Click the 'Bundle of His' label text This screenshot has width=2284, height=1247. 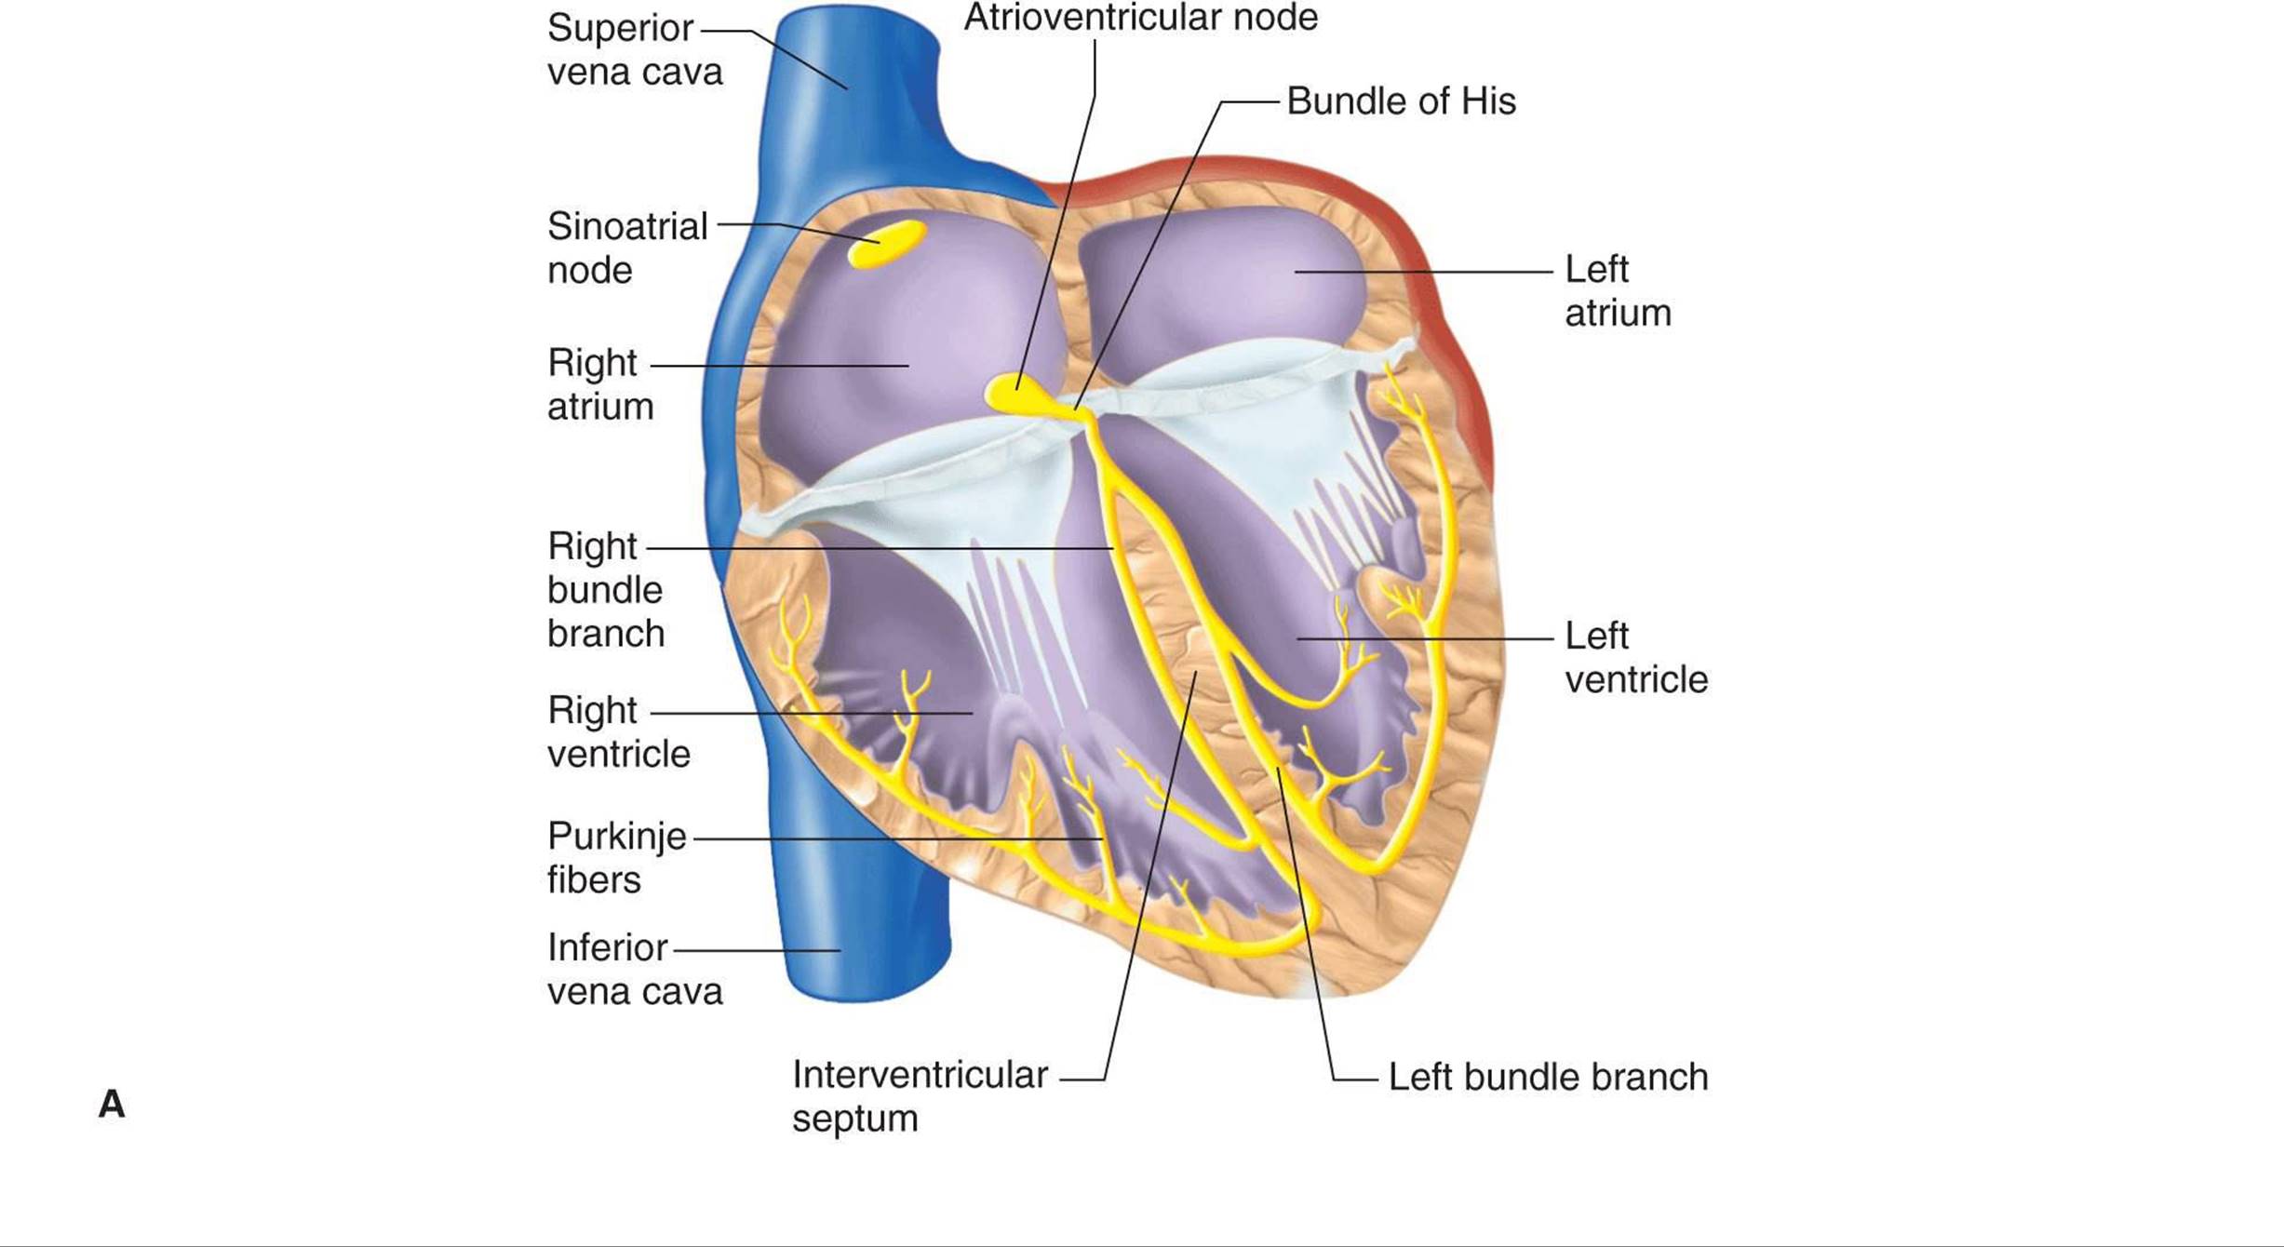pos(1401,101)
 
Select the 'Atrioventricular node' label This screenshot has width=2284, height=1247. pos(1140,18)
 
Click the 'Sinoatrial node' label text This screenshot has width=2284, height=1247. pos(626,248)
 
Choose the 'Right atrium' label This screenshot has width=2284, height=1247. pos(599,384)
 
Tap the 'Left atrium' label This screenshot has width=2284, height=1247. pos(1617,291)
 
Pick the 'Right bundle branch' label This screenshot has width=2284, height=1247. pos(605,590)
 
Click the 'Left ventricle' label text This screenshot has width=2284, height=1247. pos(1635,658)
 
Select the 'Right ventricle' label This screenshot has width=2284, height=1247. pos(618,732)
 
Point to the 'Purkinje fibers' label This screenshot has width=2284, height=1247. pos(615,858)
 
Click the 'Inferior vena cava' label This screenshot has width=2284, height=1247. pos(634,970)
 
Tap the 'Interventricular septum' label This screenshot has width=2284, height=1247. pos(919,1096)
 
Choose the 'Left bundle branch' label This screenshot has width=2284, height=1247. pos(1547,1078)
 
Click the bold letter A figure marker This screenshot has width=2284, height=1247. pos(112,1105)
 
